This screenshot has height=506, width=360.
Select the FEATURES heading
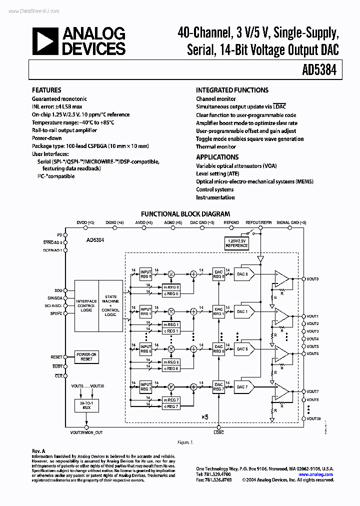tap(46, 90)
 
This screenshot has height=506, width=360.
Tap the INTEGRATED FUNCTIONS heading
tap(232, 90)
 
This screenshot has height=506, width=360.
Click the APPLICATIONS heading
tap(217, 157)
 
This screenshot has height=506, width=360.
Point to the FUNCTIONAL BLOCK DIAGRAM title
tap(185, 213)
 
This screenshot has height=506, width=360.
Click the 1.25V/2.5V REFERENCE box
tap(236, 243)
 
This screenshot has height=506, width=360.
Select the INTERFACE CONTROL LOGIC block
tap(86, 305)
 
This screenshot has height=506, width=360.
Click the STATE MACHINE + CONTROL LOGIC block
tap(110, 305)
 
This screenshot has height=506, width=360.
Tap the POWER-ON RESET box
tap(87, 356)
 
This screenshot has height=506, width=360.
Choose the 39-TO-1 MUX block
tap(86, 406)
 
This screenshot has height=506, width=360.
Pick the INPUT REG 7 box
tap(145, 386)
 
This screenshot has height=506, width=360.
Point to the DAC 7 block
tap(243, 386)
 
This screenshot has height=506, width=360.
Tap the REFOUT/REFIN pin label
tap(258, 222)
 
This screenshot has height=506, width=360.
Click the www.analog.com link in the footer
tap(316, 474)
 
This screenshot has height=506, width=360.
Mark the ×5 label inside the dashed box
tap(204, 416)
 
